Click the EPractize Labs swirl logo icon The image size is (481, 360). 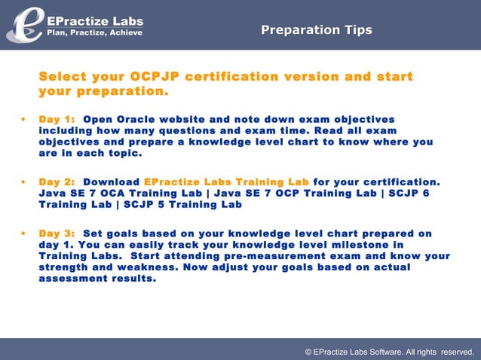(24, 23)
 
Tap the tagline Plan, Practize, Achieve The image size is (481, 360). (94, 32)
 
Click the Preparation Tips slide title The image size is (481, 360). (316, 30)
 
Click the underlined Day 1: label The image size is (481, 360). (57, 120)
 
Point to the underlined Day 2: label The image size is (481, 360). (57, 182)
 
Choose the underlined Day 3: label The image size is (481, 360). (57, 233)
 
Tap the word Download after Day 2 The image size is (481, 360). (111, 182)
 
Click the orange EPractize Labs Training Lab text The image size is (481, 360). (226, 182)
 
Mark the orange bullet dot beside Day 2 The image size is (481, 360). (25, 182)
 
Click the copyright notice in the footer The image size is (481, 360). (388, 351)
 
